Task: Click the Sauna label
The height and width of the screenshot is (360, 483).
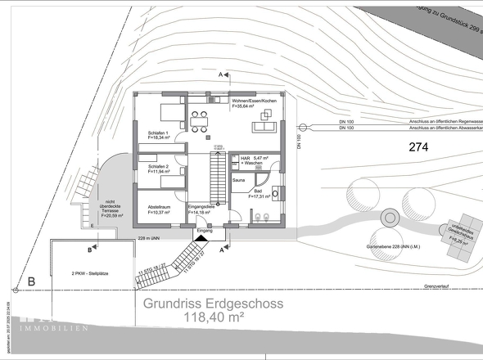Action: [239, 178]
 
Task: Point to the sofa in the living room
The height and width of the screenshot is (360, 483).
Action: [264, 123]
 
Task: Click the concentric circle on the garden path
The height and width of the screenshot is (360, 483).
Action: [390, 218]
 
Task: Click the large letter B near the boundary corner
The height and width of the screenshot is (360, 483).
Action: [32, 282]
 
